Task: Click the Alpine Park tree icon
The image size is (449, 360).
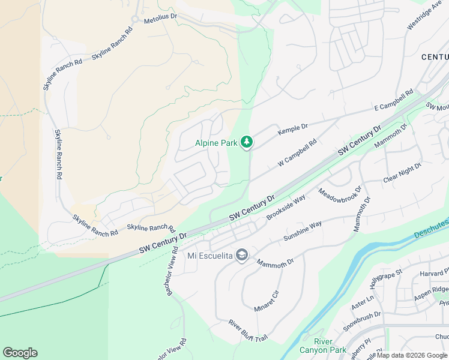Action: (246, 142)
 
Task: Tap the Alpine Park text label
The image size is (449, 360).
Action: (215, 143)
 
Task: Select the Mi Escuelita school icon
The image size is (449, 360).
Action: (241, 256)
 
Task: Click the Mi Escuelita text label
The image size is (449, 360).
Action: (209, 256)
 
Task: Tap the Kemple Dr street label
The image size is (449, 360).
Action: (292, 128)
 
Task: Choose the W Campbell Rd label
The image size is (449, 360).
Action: (297, 154)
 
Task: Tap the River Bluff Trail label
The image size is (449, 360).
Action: (247, 331)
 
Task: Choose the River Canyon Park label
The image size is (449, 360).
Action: (330, 346)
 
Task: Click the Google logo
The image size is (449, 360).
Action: (20, 353)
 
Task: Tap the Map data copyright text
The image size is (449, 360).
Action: (412, 355)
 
